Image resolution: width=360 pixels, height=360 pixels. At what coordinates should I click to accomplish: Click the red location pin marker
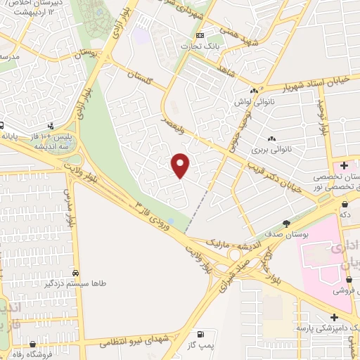[181, 165]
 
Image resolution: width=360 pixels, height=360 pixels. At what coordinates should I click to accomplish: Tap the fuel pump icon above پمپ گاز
[202, 334]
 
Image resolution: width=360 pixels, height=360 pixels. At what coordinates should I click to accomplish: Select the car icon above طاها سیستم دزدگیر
[75, 272]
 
